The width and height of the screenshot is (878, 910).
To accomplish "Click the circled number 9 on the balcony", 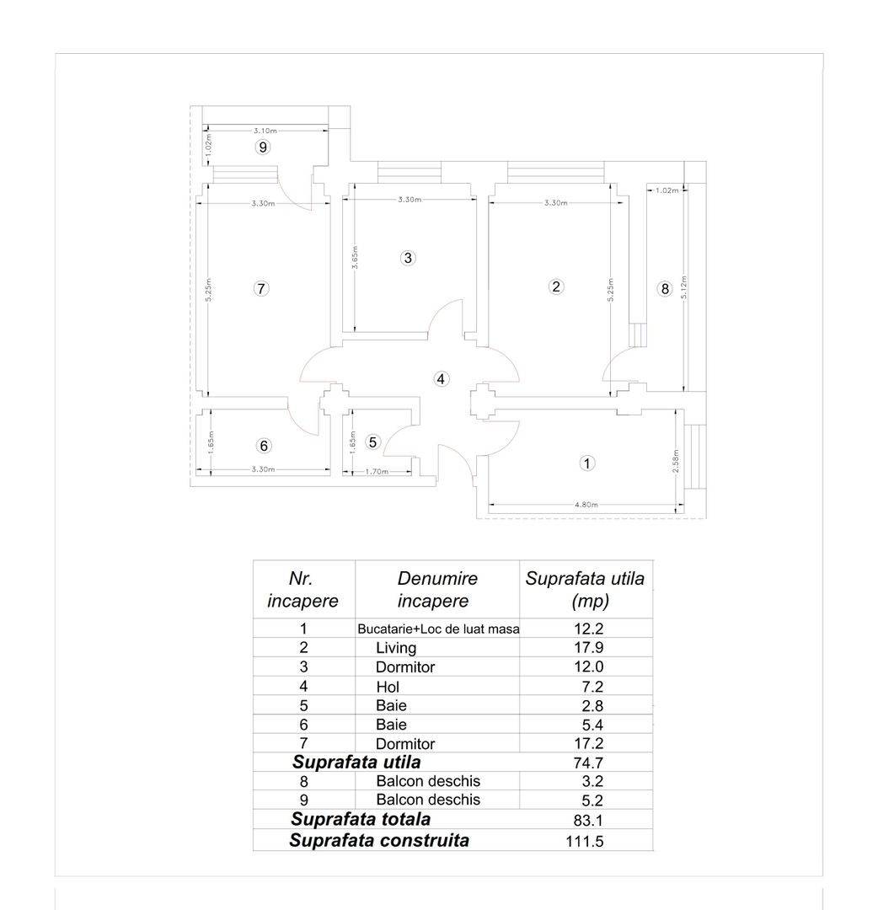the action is pyautogui.click(x=263, y=147).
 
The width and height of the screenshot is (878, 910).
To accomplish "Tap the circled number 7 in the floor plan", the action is pyautogui.click(x=261, y=288).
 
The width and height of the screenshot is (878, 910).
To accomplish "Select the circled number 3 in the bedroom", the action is pyautogui.click(x=408, y=258).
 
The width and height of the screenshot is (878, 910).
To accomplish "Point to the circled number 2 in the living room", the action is pyautogui.click(x=555, y=286).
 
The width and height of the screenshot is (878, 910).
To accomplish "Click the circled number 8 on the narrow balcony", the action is pyautogui.click(x=665, y=289).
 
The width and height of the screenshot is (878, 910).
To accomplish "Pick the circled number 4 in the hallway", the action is pyautogui.click(x=441, y=378).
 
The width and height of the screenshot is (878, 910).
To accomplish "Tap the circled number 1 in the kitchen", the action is pyautogui.click(x=587, y=463).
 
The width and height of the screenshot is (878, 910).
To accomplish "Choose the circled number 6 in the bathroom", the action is pyautogui.click(x=264, y=446).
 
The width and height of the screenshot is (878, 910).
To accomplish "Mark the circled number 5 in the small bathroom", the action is pyautogui.click(x=374, y=442).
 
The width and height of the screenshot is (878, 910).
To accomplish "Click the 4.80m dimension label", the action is pyautogui.click(x=586, y=505).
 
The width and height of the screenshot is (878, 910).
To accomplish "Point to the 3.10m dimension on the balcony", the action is pyautogui.click(x=265, y=131).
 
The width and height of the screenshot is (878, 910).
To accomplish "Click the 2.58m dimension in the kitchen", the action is pyautogui.click(x=677, y=461).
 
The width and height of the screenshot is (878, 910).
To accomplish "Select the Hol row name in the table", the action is pyautogui.click(x=388, y=687).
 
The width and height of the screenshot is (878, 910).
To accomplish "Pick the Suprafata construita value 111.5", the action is pyautogui.click(x=585, y=841).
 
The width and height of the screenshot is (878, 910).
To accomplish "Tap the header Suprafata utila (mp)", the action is pyautogui.click(x=585, y=590).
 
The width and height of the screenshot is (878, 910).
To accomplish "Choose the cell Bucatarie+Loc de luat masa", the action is pyautogui.click(x=438, y=629).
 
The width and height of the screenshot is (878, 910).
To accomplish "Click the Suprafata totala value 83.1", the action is pyautogui.click(x=587, y=821).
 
